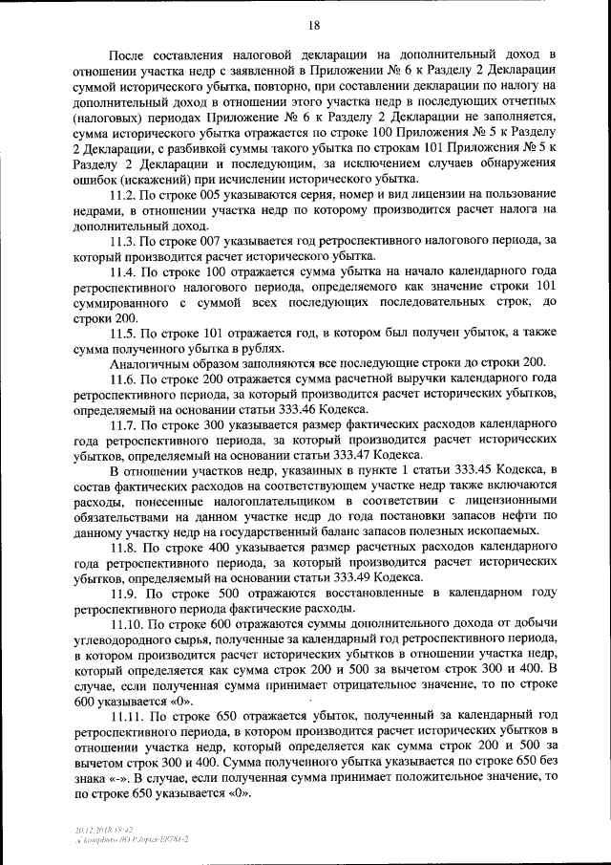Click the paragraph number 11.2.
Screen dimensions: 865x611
tap(125, 195)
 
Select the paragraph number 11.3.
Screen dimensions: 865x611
tap(125, 241)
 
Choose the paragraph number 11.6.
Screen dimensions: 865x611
tap(125, 378)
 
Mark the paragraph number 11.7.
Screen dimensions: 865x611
tap(125, 423)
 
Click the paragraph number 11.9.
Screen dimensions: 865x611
tap(126, 592)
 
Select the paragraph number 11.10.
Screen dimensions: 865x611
tap(128, 623)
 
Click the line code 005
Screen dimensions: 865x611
tap(221, 195)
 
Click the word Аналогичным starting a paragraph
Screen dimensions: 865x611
tap(151, 363)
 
